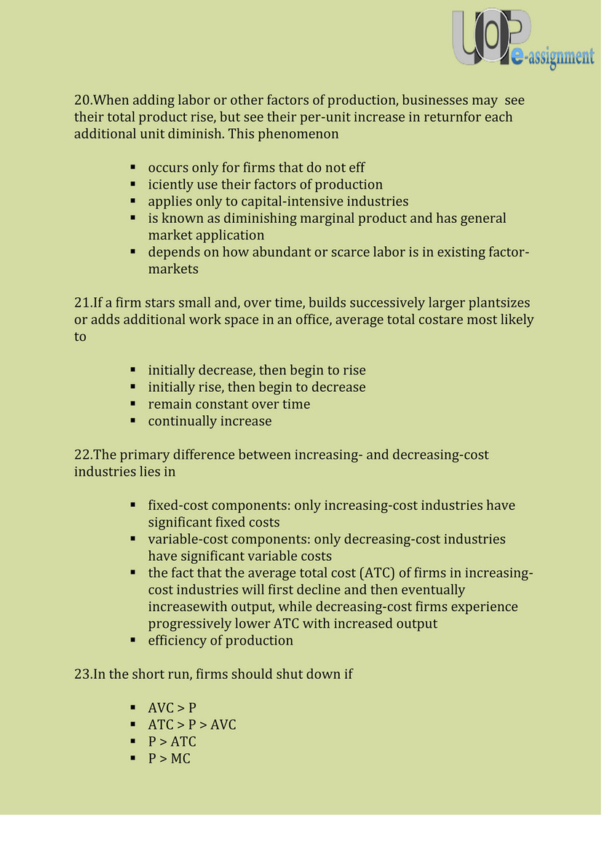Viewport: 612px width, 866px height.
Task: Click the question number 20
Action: point(83,101)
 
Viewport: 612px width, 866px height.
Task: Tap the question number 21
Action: point(83,303)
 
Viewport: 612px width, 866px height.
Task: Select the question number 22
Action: point(83,455)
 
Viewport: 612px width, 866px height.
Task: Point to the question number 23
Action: point(83,674)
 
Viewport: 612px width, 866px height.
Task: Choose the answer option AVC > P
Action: point(172,708)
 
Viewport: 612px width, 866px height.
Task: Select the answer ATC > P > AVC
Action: point(191,725)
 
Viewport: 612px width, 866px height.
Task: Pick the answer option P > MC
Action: point(169,759)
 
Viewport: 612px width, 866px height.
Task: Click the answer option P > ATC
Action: point(172,742)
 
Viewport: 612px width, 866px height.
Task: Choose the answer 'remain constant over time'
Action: point(228,404)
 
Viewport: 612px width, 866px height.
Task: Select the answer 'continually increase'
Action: point(210,421)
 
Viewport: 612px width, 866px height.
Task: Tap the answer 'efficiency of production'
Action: point(220,641)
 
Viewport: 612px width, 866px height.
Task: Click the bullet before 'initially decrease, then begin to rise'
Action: point(133,371)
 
